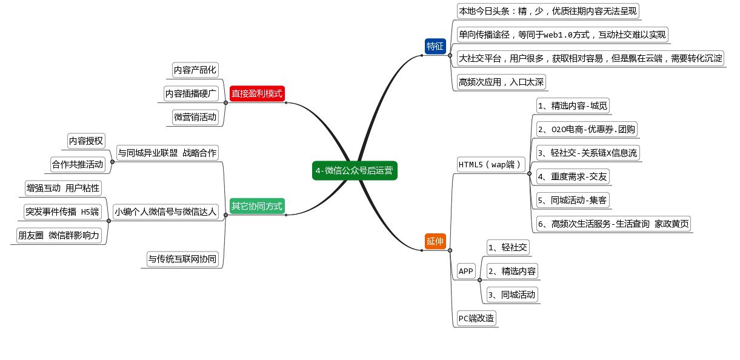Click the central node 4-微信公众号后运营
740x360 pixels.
355,171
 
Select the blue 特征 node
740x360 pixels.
435,46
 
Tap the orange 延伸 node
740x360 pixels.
435,241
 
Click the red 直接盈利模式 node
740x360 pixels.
257,93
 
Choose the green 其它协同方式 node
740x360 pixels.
257,206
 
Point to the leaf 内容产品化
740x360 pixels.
195,70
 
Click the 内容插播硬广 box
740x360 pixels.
191,93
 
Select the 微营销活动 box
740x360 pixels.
195,117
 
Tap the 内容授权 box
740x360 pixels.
85,141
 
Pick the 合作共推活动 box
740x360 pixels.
78,164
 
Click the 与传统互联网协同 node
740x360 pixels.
182,259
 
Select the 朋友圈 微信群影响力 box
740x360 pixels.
59,235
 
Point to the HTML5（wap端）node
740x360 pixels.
490,164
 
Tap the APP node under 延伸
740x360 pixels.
466,271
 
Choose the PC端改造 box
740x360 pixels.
476,318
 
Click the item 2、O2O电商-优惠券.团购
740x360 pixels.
587,129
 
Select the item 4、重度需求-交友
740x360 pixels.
572,176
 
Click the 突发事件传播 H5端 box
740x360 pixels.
62,212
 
